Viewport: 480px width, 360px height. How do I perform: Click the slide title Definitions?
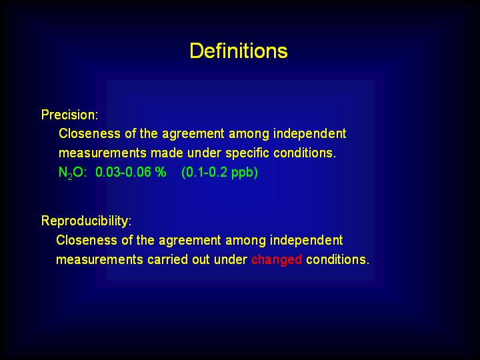pyautogui.click(x=239, y=51)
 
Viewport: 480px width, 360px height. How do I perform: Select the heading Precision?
pyautogui.click(x=70, y=115)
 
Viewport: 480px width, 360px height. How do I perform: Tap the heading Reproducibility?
pyautogui.click(x=86, y=221)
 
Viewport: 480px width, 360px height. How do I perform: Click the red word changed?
pyautogui.click(x=277, y=259)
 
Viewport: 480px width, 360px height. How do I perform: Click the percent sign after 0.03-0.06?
pyautogui.click(x=161, y=172)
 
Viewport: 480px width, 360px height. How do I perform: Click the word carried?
pyautogui.click(x=167, y=259)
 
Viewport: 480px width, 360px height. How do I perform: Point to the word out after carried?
pyautogui.click(x=201, y=260)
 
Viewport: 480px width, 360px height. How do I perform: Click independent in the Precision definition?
pyautogui.click(x=309, y=134)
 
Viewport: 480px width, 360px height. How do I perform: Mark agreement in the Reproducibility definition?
pyautogui.click(x=189, y=241)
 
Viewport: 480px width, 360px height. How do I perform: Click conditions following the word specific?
pyautogui.click(x=305, y=153)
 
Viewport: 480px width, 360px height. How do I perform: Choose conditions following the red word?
pyautogui.click(x=337, y=259)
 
